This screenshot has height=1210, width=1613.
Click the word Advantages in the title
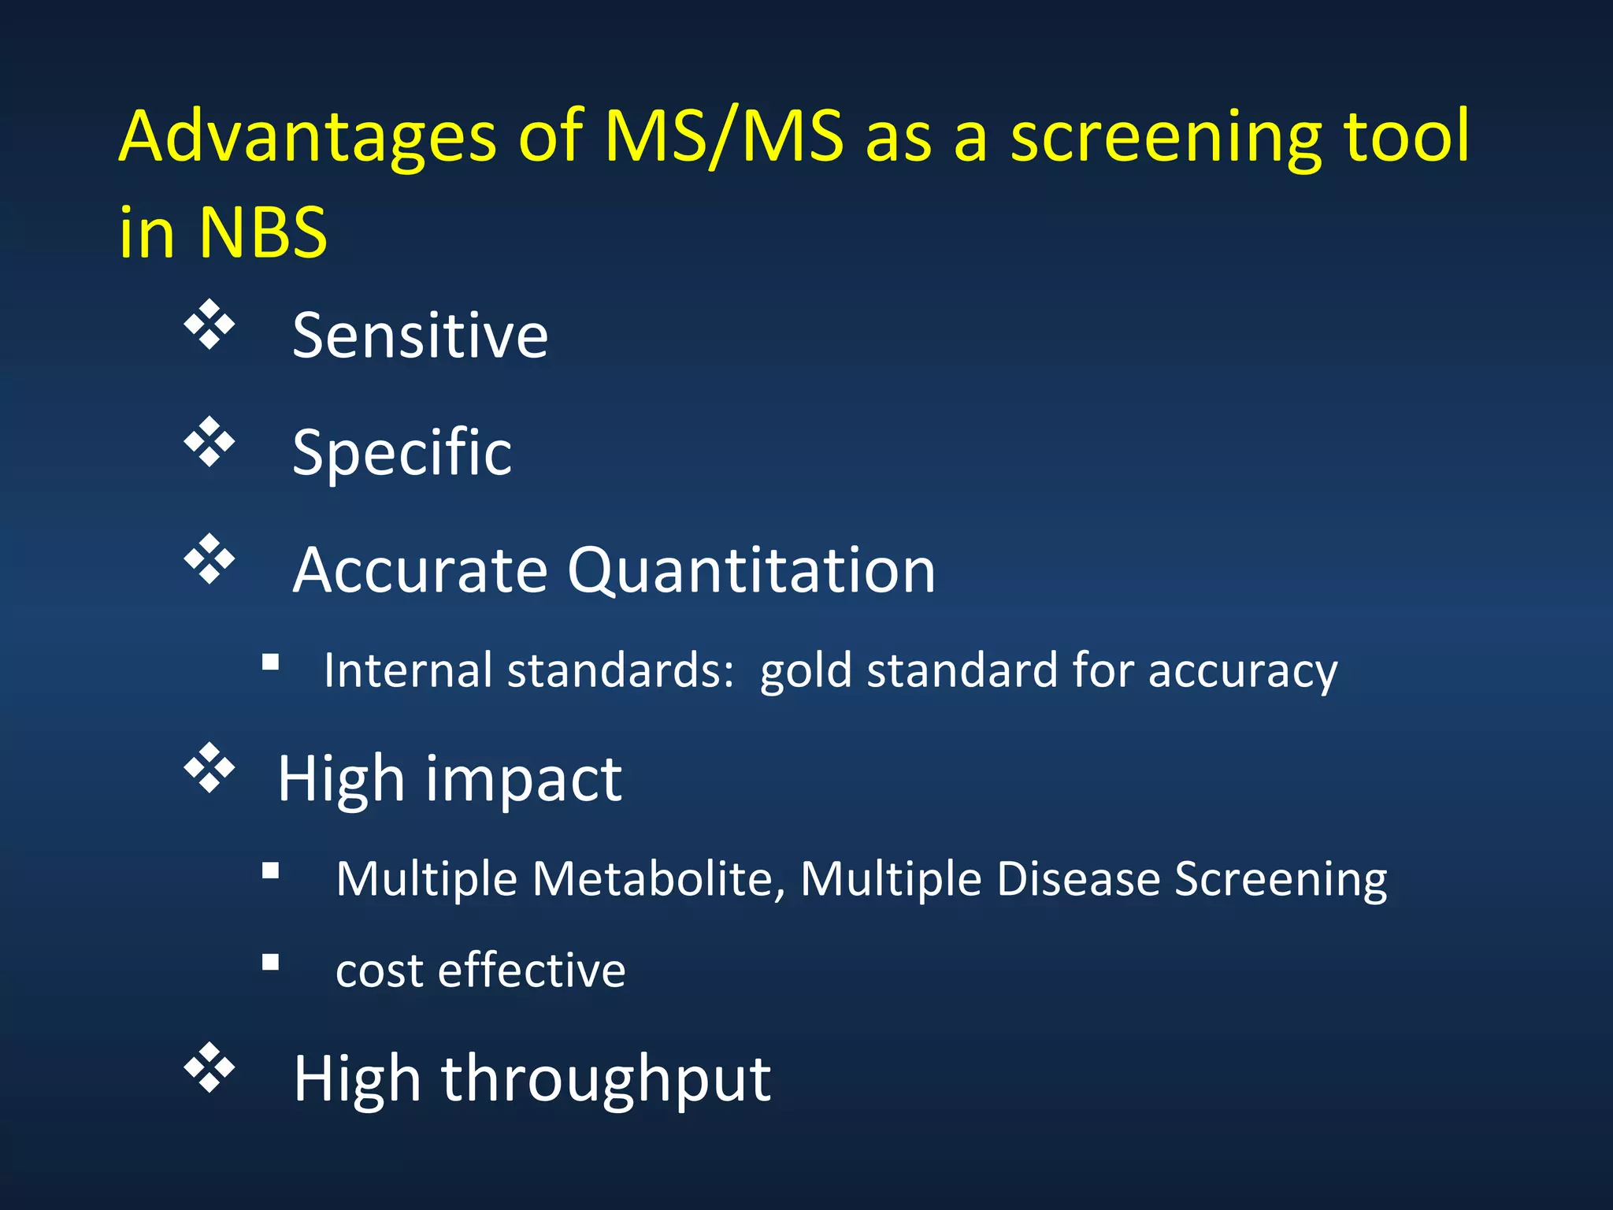[307, 138]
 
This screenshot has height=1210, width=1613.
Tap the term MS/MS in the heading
[724, 138]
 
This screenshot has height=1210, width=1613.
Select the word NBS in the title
[262, 233]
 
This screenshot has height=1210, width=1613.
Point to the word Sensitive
[420, 336]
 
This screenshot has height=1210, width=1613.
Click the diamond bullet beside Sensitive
[210, 325]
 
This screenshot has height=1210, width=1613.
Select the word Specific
[402, 453]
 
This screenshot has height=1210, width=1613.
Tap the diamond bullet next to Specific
[210, 442]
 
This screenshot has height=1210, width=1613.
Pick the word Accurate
[420, 570]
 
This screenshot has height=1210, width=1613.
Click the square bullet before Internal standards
[271, 663]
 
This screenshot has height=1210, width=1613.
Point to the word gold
[806, 671]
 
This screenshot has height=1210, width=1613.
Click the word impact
[524, 779]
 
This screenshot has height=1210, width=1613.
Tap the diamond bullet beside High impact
[210, 767]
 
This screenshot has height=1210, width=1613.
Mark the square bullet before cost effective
[271, 962]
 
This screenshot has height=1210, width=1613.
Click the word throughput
[606, 1079]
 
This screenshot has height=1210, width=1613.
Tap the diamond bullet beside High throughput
[210, 1068]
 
